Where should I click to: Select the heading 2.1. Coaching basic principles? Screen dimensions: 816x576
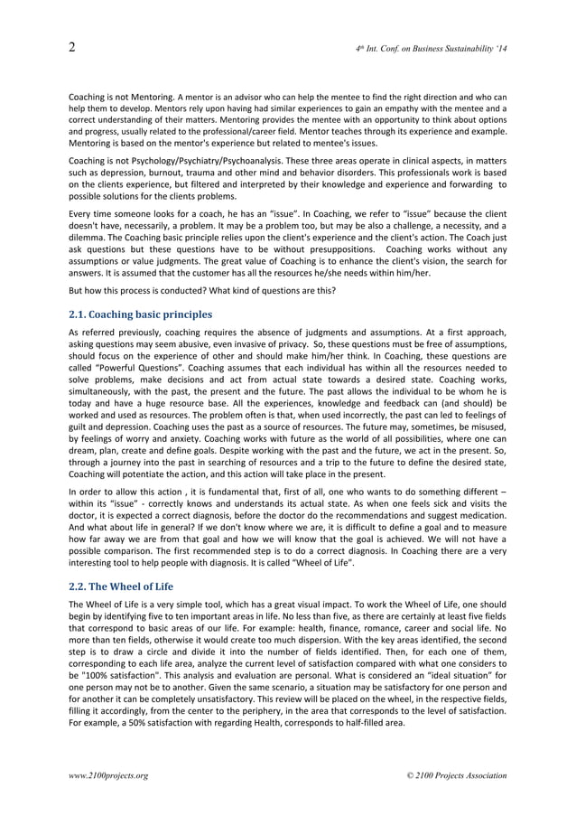pos(140,314)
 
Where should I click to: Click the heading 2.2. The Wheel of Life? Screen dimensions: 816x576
pos(121,586)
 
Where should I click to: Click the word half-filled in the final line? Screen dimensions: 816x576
pos(359,723)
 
